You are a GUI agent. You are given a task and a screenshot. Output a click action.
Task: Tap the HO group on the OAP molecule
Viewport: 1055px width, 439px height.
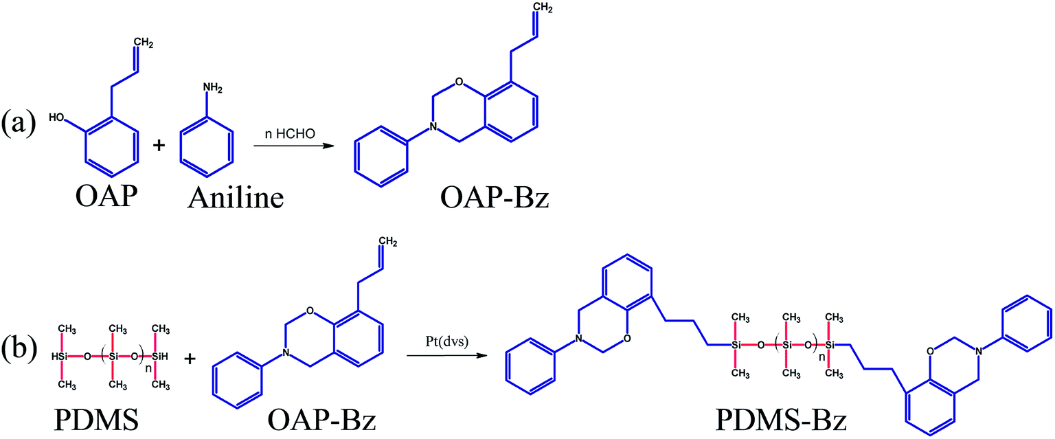click(x=58, y=120)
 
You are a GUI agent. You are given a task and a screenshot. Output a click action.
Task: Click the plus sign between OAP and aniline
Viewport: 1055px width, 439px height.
click(x=159, y=147)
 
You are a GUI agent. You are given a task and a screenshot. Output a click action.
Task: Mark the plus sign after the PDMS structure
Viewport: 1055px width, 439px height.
click(x=191, y=357)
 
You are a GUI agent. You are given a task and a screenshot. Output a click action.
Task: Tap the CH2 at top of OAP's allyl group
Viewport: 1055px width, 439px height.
click(x=143, y=45)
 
